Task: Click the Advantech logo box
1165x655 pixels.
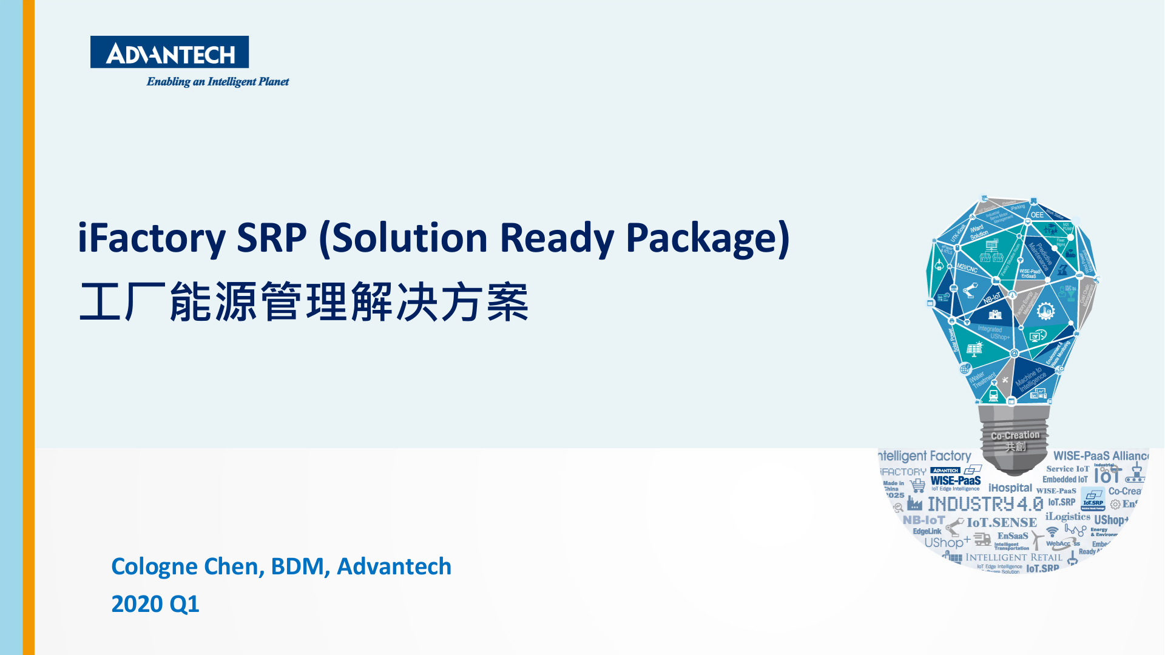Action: [169, 52]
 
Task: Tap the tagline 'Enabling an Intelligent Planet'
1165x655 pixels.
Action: [217, 82]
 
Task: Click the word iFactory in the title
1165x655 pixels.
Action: [152, 238]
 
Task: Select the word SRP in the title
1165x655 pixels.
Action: [271, 238]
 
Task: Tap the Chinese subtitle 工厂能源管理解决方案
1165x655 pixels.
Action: [303, 302]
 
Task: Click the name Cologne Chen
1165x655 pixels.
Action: [187, 566]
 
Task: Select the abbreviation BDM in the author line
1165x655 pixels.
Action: [297, 566]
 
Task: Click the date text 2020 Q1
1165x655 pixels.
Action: [155, 604]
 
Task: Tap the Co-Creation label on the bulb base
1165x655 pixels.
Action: [1015, 435]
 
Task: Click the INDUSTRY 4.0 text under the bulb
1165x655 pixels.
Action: [985, 504]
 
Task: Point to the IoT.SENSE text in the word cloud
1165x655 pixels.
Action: [1002, 522]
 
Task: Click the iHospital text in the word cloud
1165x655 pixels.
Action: [1010, 488]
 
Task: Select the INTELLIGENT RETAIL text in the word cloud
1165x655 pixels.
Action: [1014, 557]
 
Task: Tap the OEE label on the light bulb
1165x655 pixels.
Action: [1038, 215]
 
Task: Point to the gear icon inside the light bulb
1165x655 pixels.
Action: [1045, 311]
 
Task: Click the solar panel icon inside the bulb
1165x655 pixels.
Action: [974, 349]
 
